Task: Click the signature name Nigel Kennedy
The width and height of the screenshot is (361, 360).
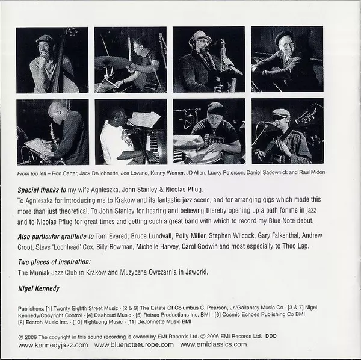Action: click(39, 288)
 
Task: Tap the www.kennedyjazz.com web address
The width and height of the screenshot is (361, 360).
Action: click(53, 345)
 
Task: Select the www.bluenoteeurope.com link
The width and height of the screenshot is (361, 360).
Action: click(134, 344)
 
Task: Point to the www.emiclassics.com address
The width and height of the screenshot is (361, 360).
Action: click(214, 344)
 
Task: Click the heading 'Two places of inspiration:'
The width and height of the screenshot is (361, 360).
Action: click(54, 262)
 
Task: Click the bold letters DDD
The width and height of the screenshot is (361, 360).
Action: click(271, 336)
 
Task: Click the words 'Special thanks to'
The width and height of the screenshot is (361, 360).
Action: click(42, 190)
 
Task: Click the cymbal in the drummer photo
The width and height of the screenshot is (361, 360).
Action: click(112, 62)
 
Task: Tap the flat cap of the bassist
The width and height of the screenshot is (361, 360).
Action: click(45, 39)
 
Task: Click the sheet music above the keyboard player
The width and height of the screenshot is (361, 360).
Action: click(144, 119)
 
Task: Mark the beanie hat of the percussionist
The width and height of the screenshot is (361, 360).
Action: click(215, 108)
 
